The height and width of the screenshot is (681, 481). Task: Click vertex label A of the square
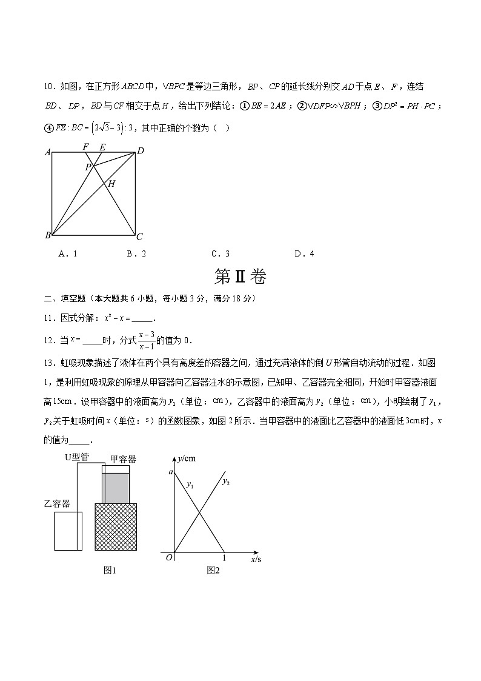[x=47, y=152]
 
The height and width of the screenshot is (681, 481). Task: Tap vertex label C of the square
[x=139, y=237]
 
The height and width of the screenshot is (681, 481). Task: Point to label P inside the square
[x=88, y=167]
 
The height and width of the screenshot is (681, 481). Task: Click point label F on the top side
[x=85, y=147]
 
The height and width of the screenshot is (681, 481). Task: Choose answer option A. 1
[x=67, y=254]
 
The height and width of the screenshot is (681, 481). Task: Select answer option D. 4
[x=304, y=254]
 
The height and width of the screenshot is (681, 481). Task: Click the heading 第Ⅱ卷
[x=240, y=277]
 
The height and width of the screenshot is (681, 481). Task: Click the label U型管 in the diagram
[x=77, y=457]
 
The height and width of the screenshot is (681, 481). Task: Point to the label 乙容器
[x=57, y=503]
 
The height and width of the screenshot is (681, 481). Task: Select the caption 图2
[x=213, y=569]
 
